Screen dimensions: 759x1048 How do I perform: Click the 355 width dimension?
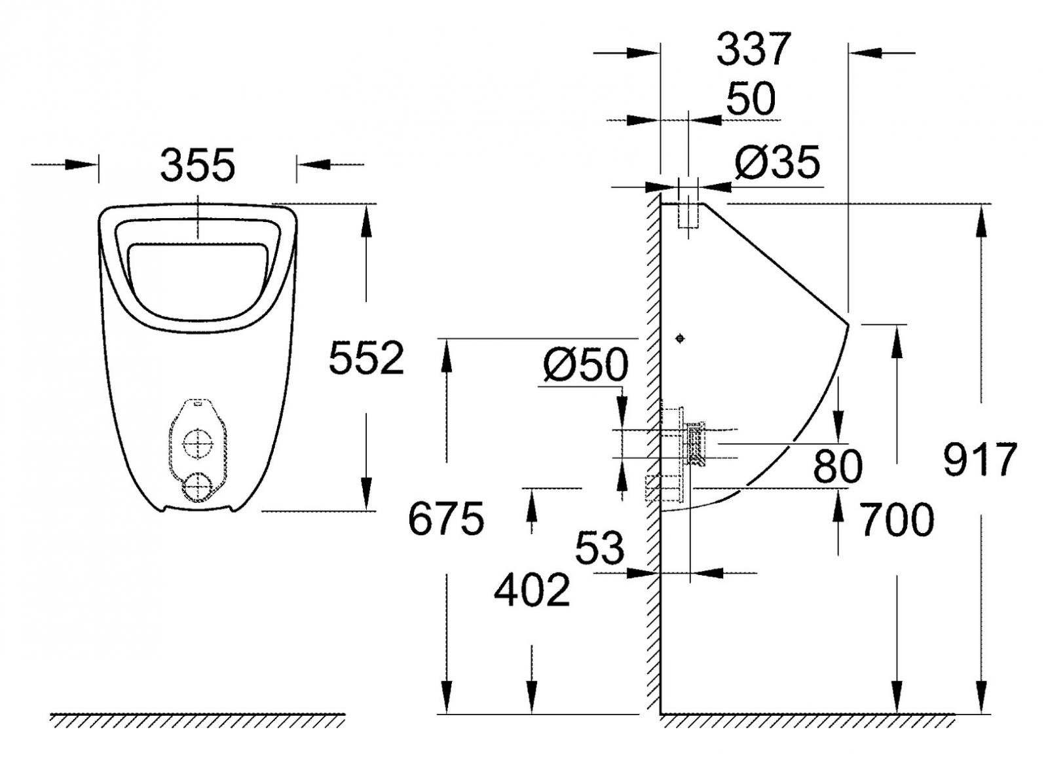[x=197, y=165]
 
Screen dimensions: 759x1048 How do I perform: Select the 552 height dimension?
[x=366, y=358]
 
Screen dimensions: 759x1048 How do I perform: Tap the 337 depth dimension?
[x=754, y=49]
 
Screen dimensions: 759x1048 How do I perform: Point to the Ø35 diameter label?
[x=777, y=162]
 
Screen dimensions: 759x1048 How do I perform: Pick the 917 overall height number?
[x=980, y=459]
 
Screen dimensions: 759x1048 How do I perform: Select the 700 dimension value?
[x=897, y=520]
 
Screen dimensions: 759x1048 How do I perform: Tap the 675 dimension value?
[x=446, y=519]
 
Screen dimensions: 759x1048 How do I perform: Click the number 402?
[x=532, y=590]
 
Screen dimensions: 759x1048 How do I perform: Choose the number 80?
[x=838, y=466]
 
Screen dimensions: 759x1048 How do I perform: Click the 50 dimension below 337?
[x=751, y=99]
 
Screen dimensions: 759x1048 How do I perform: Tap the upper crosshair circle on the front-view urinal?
[x=197, y=445]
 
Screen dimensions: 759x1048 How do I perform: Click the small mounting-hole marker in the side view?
[x=680, y=338]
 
